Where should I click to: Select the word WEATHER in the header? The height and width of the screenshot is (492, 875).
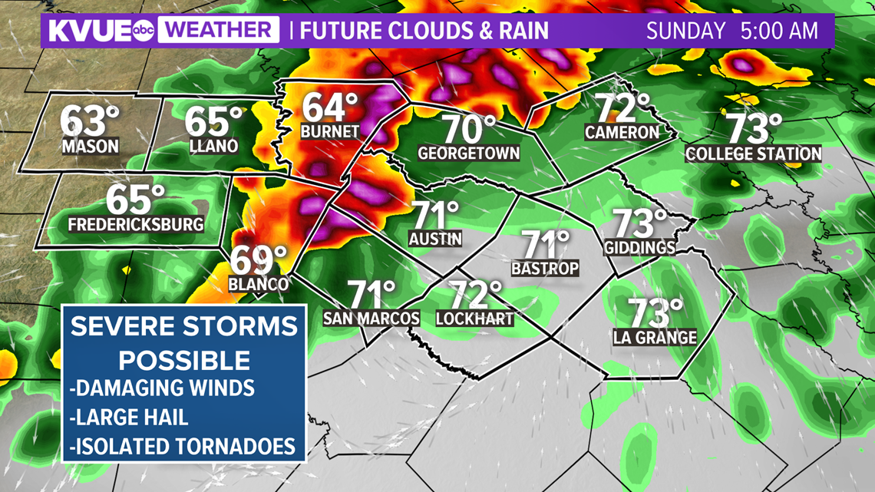pyautogui.click(x=220, y=31)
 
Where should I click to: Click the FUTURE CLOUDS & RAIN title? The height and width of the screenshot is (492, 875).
pyautogui.click(x=424, y=31)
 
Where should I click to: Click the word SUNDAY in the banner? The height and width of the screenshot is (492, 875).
pyautogui.click(x=685, y=31)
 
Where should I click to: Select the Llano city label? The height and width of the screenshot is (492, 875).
pyautogui.click(x=213, y=145)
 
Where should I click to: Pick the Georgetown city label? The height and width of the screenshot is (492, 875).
pyautogui.click(x=469, y=153)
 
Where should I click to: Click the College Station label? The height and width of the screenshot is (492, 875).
pyautogui.click(x=753, y=154)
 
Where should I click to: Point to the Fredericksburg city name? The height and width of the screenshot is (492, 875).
pyautogui.click(x=136, y=225)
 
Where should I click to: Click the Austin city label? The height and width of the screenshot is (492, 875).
pyautogui.click(x=435, y=238)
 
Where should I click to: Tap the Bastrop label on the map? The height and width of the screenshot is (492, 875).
pyautogui.click(x=545, y=268)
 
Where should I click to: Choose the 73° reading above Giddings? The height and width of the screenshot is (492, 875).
pyautogui.click(x=639, y=223)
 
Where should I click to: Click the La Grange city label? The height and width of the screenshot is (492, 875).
pyautogui.click(x=655, y=336)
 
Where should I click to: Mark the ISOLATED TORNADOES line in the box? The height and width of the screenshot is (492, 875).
pyautogui.click(x=183, y=445)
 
